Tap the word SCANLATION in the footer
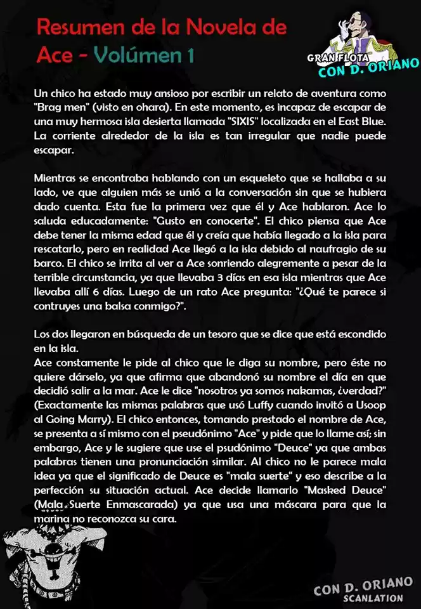tap(373, 598)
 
